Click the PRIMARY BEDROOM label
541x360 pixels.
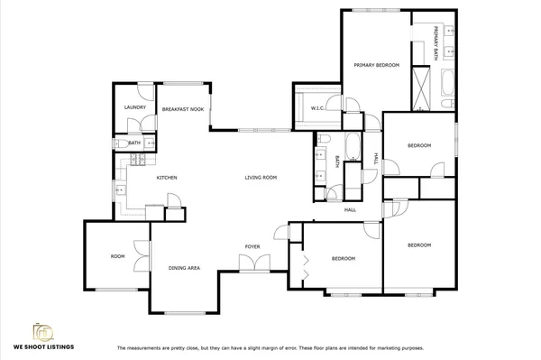pos(376,65)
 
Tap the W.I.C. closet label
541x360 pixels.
pos(317,109)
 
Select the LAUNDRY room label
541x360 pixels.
pos(134,107)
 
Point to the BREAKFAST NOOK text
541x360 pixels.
pos(182,108)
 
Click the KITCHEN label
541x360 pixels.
pos(166,178)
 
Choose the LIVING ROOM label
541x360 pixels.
pos(261,178)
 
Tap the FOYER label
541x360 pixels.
pos(253,246)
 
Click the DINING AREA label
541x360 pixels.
pos(184,268)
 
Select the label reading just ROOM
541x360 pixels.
pos(117,256)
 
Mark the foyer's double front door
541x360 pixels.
pos(250,263)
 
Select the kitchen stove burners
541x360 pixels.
pos(137,162)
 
